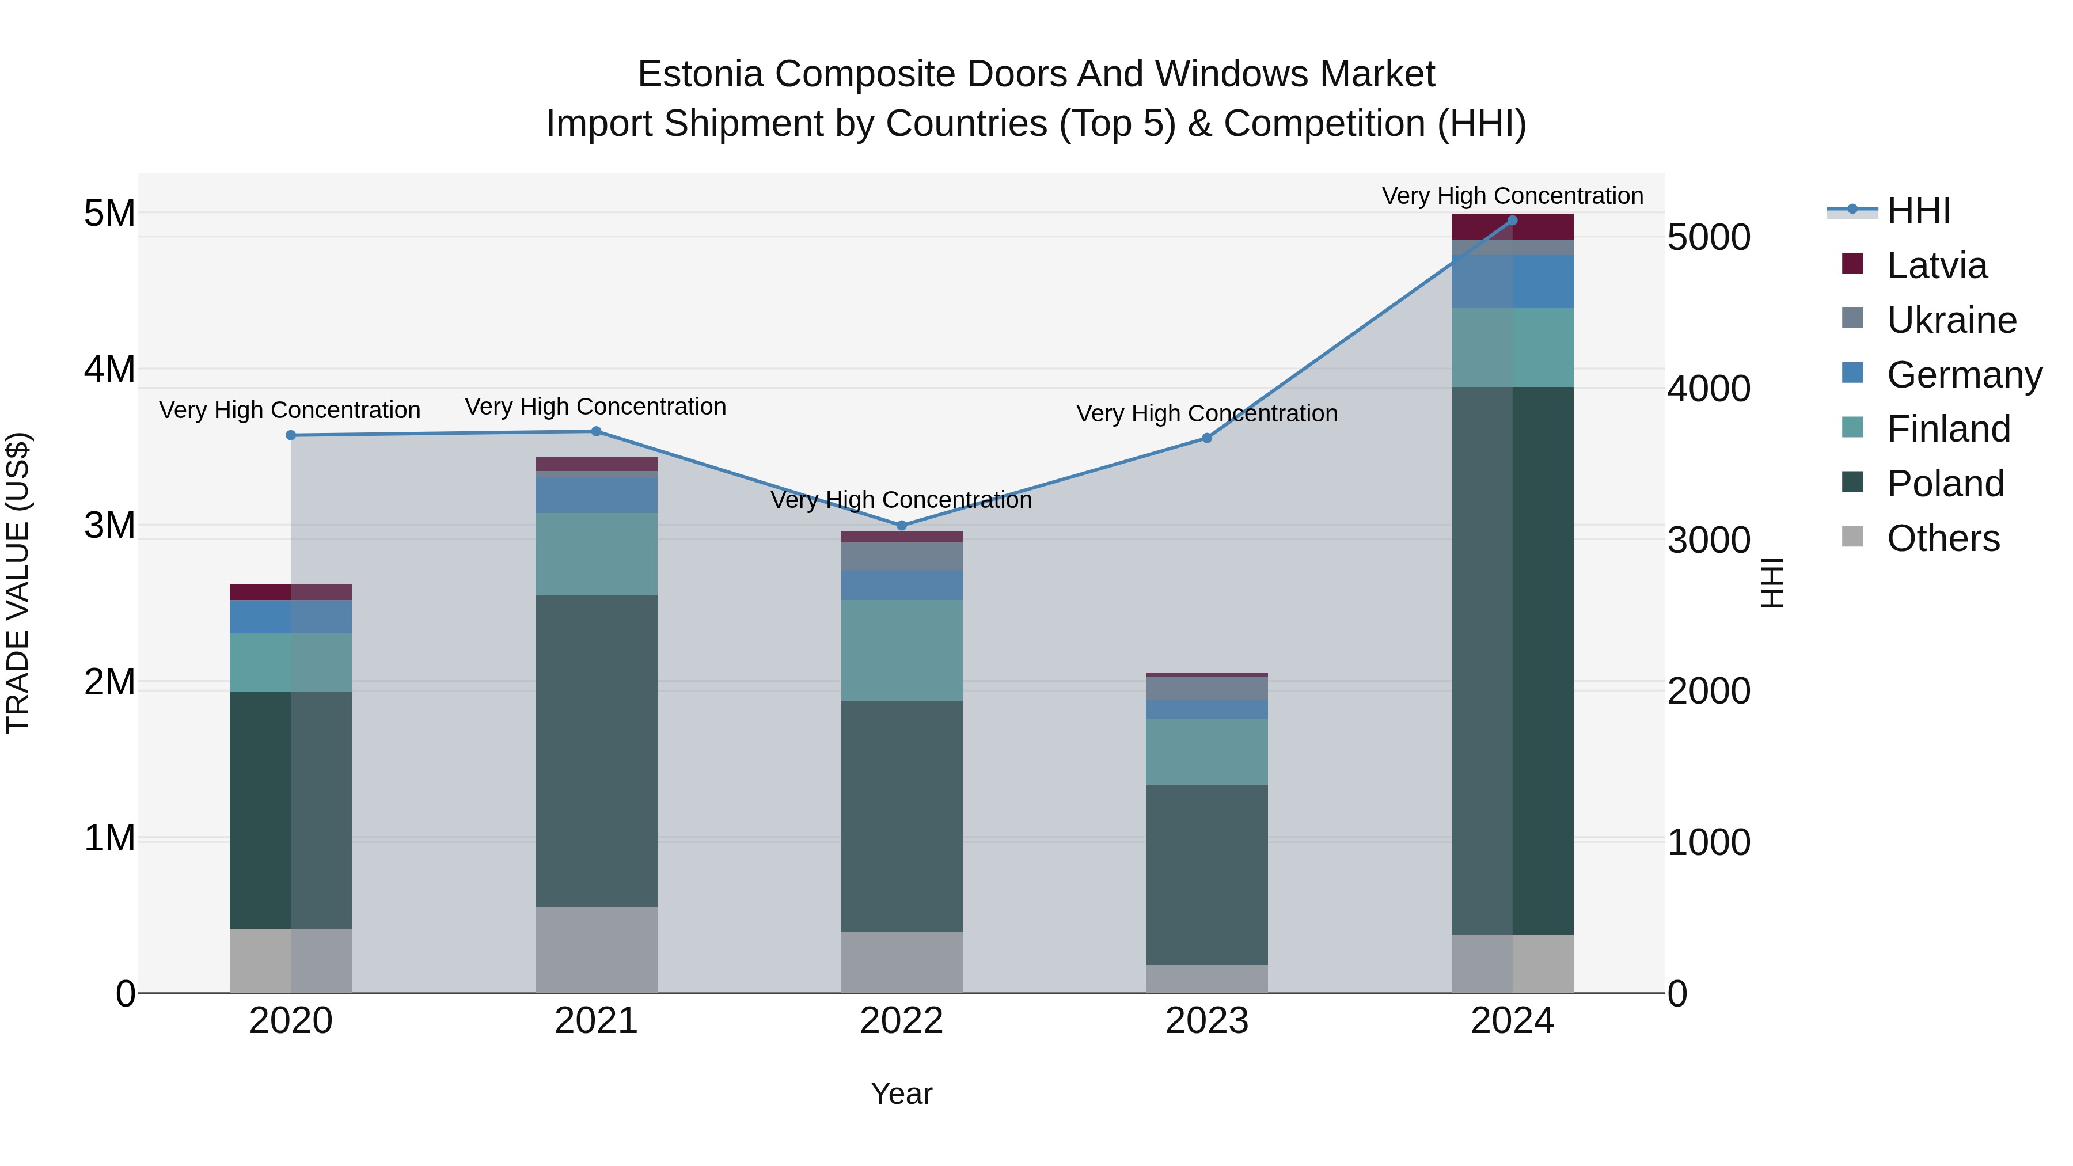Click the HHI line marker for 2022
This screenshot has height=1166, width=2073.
901,526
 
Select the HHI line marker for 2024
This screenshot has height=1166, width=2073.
1512,221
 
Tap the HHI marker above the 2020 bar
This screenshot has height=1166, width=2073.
291,435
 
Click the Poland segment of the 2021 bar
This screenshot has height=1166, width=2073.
597,751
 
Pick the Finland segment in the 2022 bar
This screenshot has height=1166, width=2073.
901,650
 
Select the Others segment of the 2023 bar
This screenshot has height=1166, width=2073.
1206,978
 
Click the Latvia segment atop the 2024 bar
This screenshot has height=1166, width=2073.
1512,227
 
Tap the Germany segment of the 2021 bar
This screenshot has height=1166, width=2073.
597,496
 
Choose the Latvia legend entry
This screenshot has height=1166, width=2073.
1936,265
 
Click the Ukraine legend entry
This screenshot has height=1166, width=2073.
1951,320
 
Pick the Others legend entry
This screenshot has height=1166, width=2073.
1943,538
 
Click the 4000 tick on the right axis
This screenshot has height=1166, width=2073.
1708,389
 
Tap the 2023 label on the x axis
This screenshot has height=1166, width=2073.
1206,1021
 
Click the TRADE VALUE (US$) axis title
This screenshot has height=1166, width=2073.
18,583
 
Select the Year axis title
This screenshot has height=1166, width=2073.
901,1093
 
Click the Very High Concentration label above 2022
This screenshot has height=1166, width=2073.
901,500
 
